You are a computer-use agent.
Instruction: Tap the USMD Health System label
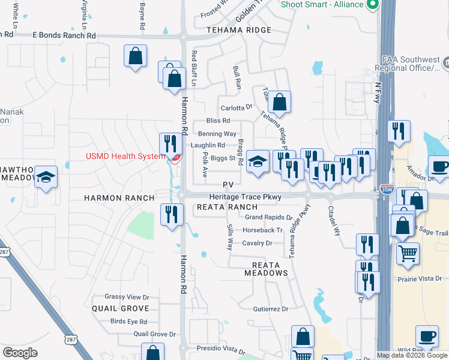point(125,157)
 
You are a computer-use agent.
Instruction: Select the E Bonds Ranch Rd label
point(64,36)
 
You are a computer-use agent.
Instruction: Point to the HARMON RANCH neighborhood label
point(119,197)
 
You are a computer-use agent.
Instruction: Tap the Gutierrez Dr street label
point(271,309)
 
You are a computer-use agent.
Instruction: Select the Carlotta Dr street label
point(237,108)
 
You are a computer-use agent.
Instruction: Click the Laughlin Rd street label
point(208,145)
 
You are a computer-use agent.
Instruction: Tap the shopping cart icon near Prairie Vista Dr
point(408,253)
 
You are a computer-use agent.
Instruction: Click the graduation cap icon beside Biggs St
point(258,161)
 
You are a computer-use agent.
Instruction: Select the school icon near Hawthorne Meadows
point(46,177)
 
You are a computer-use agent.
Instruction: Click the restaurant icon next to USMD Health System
point(170,144)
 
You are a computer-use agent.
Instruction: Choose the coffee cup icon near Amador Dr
point(439,166)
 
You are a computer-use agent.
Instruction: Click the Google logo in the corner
point(20,353)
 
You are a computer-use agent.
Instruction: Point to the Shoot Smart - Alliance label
point(323,5)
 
